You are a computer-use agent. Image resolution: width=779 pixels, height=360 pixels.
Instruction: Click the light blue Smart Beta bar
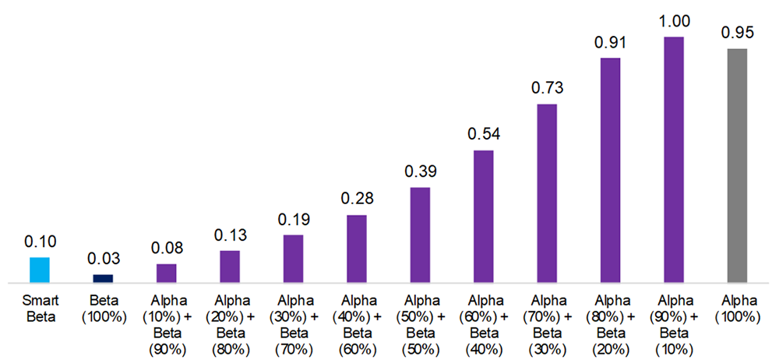click(40, 270)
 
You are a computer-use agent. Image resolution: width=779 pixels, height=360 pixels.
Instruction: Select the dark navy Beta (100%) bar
click(103, 278)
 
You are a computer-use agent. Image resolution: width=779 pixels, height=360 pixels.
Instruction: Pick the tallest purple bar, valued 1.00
click(673, 159)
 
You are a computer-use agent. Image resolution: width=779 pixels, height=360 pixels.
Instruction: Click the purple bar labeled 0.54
click(484, 216)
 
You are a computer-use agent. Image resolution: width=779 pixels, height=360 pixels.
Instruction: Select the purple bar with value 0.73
click(547, 192)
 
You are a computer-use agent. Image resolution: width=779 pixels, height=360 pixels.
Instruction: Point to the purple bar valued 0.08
click(167, 273)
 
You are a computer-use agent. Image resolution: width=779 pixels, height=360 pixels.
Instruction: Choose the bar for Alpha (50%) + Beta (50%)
click(420, 235)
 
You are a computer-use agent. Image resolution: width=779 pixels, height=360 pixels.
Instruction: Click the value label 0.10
click(40, 242)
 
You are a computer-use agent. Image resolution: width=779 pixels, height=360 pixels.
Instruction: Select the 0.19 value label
click(293, 219)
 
